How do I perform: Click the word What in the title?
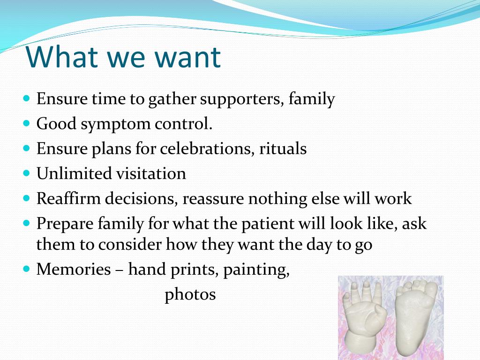[62, 57]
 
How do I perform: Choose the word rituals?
[283, 148]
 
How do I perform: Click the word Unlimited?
[74, 173]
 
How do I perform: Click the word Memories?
[74, 269]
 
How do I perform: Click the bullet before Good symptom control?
[27, 123]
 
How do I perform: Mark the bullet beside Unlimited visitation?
[27, 173]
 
